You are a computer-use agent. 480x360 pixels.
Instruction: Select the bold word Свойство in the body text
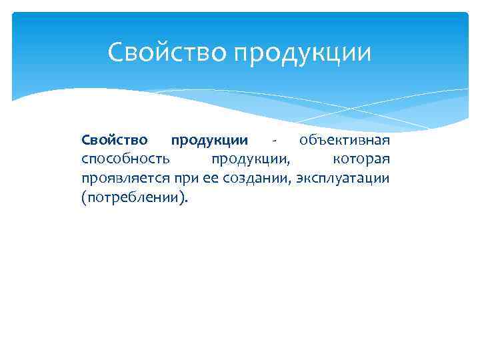[114, 141]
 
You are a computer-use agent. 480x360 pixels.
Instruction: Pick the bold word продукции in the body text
[209, 141]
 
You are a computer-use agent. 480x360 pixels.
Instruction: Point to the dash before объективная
[274, 142]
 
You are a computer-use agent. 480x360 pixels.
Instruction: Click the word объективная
[345, 141]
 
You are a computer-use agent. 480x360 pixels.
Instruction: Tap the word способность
[125, 160]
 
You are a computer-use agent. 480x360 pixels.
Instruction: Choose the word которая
[361, 160]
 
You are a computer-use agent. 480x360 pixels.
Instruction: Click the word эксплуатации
[343, 179]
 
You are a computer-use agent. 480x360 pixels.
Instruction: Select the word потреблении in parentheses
[133, 198]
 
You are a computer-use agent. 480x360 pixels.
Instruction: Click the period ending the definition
[187, 201]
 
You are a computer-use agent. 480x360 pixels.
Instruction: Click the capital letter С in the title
[115, 52]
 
